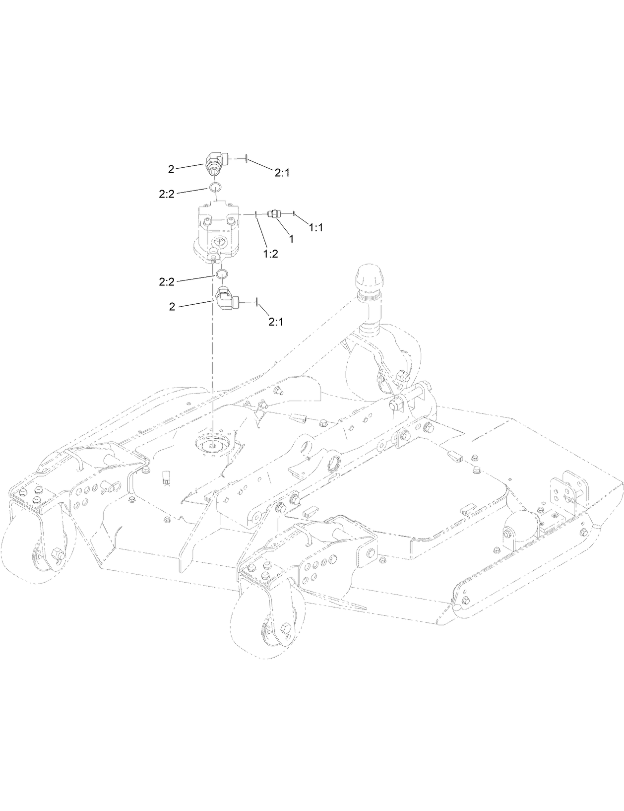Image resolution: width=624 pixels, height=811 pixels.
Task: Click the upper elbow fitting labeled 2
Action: tap(217, 163)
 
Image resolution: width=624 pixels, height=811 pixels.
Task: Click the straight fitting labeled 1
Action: tap(273, 214)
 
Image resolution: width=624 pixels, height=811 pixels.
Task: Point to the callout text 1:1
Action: tap(315, 227)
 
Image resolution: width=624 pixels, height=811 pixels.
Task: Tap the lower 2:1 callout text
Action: tap(276, 322)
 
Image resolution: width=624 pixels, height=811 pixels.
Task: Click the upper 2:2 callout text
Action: tap(167, 195)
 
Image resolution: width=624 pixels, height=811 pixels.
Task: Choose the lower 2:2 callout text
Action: tap(167, 282)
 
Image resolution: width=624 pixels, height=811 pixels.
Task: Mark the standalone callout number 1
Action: tap(291, 239)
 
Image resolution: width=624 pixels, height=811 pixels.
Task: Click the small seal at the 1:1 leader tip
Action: tap(294, 214)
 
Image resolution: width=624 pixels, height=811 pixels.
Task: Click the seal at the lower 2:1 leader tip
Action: tap(256, 301)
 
